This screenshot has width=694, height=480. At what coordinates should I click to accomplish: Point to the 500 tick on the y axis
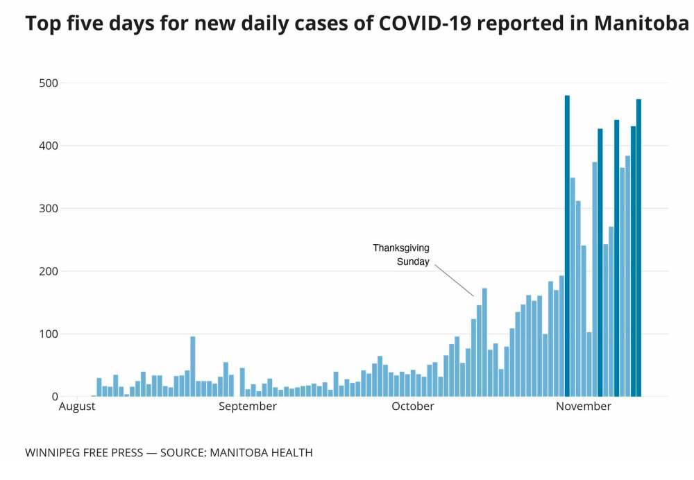coord(49,83)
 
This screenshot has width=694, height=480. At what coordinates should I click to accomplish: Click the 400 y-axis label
coord(49,146)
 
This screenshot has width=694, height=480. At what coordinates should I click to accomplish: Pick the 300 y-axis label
coord(49,209)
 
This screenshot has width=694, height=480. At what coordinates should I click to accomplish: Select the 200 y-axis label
coord(49,271)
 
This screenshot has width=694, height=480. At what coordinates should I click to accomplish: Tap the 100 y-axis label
coord(49,334)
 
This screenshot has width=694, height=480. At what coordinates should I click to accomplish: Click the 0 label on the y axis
coord(54,397)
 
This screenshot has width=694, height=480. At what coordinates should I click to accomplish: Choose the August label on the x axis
coord(76,406)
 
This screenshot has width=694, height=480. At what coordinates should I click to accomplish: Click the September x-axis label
coord(248,406)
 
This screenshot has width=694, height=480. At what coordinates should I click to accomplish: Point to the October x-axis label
coord(413,406)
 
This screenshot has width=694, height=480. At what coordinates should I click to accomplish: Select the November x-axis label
coord(584,406)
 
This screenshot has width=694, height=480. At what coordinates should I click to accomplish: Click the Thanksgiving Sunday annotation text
coord(402,255)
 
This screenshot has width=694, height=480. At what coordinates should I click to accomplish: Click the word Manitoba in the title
coord(642,24)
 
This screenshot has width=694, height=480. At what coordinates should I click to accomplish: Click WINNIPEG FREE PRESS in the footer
coord(83,453)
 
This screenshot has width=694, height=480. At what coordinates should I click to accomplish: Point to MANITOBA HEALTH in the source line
coord(266,453)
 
